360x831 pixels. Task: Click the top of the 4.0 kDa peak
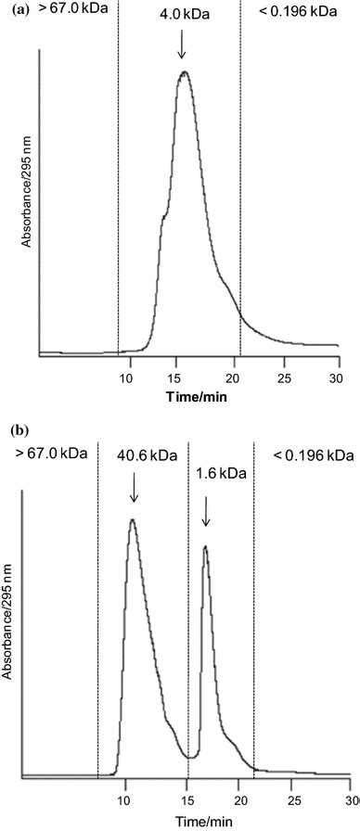184,72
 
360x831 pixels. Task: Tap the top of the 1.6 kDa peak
204,547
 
